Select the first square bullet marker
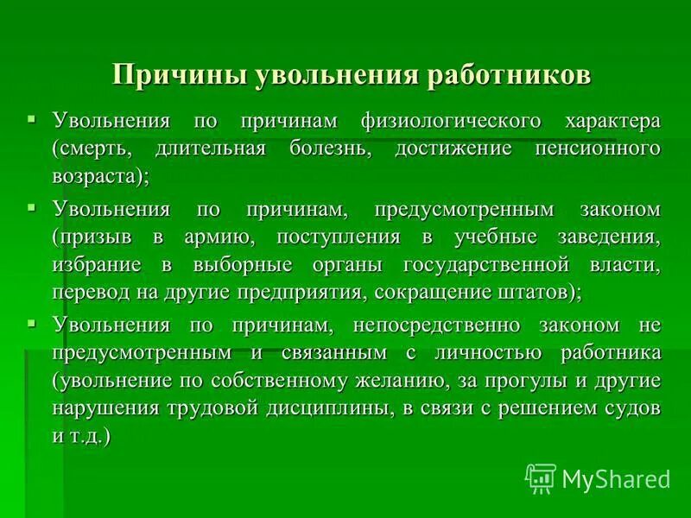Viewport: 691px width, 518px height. (x=32, y=117)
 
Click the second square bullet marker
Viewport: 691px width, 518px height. (x=32, y=207)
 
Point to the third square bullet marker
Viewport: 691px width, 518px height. (x=32, y=324)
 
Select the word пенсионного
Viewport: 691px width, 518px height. (x=589, y=148)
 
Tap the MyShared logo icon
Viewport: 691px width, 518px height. (x=541, y=477)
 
